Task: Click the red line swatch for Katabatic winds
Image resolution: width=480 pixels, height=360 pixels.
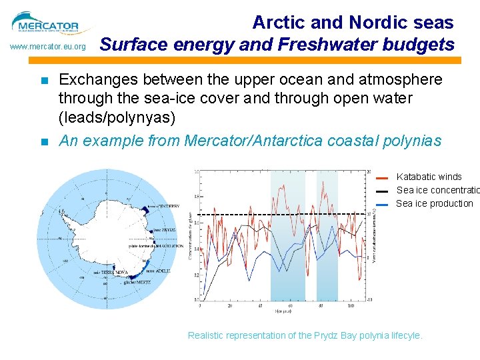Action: (x=382, y=178)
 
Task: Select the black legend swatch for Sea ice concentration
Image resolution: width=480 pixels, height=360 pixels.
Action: (x=382, y=191)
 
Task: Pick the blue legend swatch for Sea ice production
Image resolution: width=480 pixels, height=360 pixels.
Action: (x=382, y=205)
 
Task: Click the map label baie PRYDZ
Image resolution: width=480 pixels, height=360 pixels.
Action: (x=165, y=229)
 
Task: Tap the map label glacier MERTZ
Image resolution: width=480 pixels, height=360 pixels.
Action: (x=137, y=282)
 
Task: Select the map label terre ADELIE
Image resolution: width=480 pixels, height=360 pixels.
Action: (x=159, y=271)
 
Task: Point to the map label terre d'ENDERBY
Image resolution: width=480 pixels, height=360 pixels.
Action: (x=163, y=207)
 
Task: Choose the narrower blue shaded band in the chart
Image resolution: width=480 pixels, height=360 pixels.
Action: (x=327, y=235)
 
